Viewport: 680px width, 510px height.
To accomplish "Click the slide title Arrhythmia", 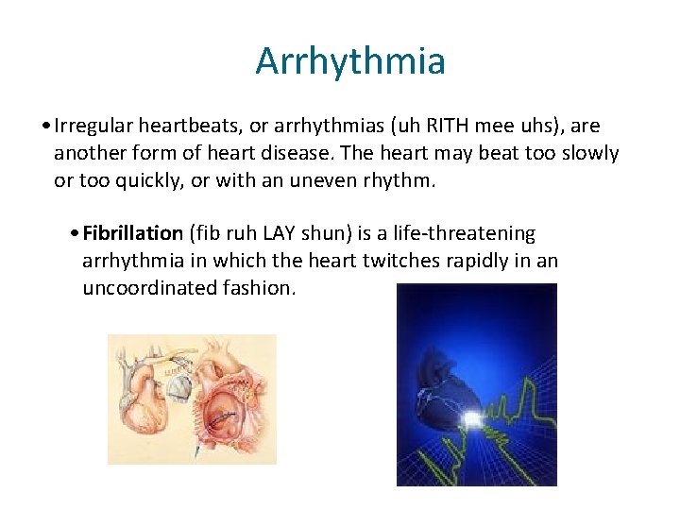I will [350, 61].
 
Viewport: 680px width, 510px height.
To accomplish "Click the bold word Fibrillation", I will [132, 233].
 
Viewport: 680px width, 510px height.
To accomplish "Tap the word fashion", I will [259, 287].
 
